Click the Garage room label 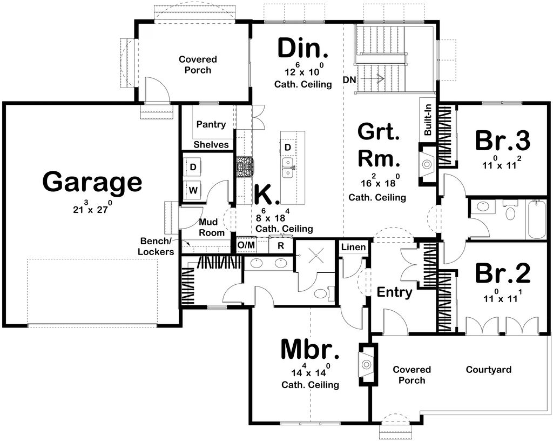(92, 182)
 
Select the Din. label (303, 48)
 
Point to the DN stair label (349, 80)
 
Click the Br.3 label (502, 141)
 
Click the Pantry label (211, 124)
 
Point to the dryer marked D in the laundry (193, 167)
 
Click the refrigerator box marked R (281, 245)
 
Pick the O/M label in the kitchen (246, 245)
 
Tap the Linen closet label (353, 247)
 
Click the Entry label (394, 292)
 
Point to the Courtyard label (488, 370)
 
